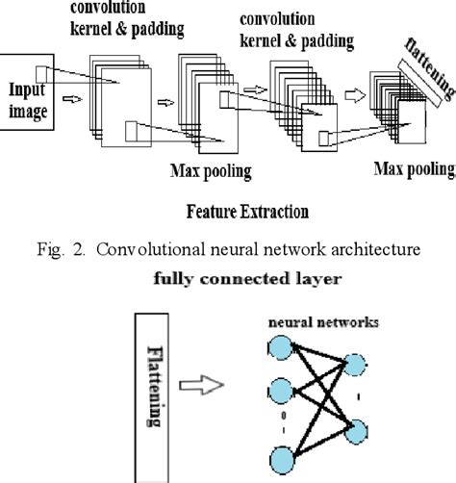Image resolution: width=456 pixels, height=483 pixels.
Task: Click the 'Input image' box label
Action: [27, 98]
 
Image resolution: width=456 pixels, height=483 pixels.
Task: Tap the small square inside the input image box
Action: [40, 72]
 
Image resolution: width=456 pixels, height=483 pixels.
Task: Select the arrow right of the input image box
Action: [71, 96]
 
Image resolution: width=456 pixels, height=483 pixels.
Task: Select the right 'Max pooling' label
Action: [413, 169]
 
